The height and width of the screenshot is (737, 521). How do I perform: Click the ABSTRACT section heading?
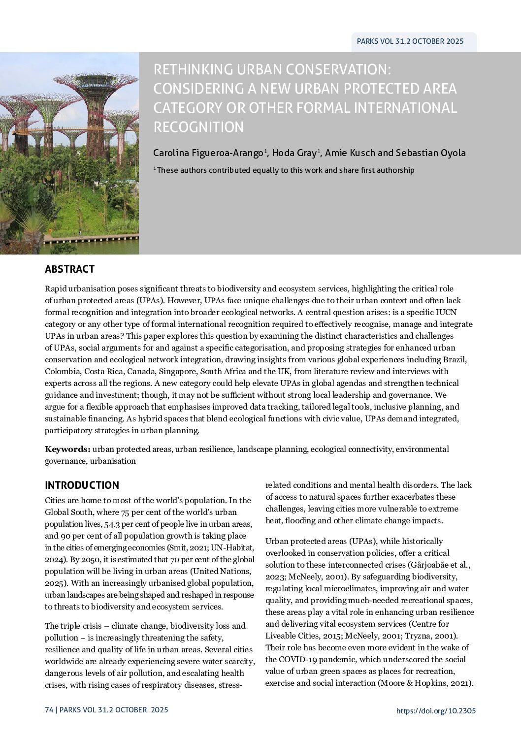point(69,269)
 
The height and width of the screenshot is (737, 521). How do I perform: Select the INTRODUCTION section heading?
point(82,485)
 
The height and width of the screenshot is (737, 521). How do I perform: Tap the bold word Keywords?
point(67,449)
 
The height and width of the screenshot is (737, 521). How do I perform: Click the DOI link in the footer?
point(436,710)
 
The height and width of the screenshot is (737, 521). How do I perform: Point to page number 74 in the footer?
point(48,710)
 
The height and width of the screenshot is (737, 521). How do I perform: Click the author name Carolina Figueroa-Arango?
point(209,153)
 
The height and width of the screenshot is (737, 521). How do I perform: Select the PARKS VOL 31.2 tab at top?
point(410,42)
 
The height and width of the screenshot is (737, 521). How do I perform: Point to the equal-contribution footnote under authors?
point(284,170)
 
